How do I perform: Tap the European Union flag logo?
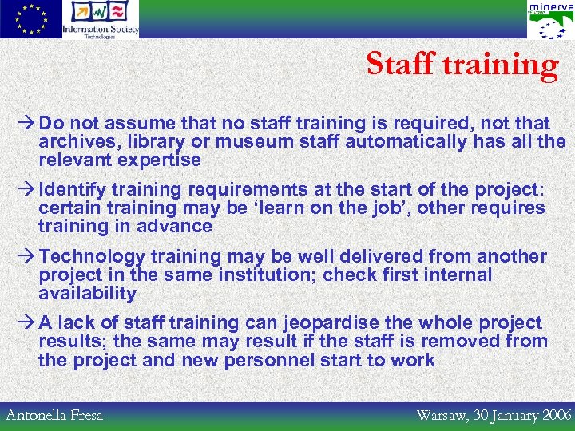(30, 19)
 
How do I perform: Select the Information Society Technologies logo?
(101, 19)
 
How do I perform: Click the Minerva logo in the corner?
(550, 20)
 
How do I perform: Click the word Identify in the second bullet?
(73, 190)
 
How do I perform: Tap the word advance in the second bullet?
(176, 227)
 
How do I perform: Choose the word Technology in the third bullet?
(92, 257)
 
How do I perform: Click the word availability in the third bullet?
(87, 294)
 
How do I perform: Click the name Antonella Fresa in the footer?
(54, 415)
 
